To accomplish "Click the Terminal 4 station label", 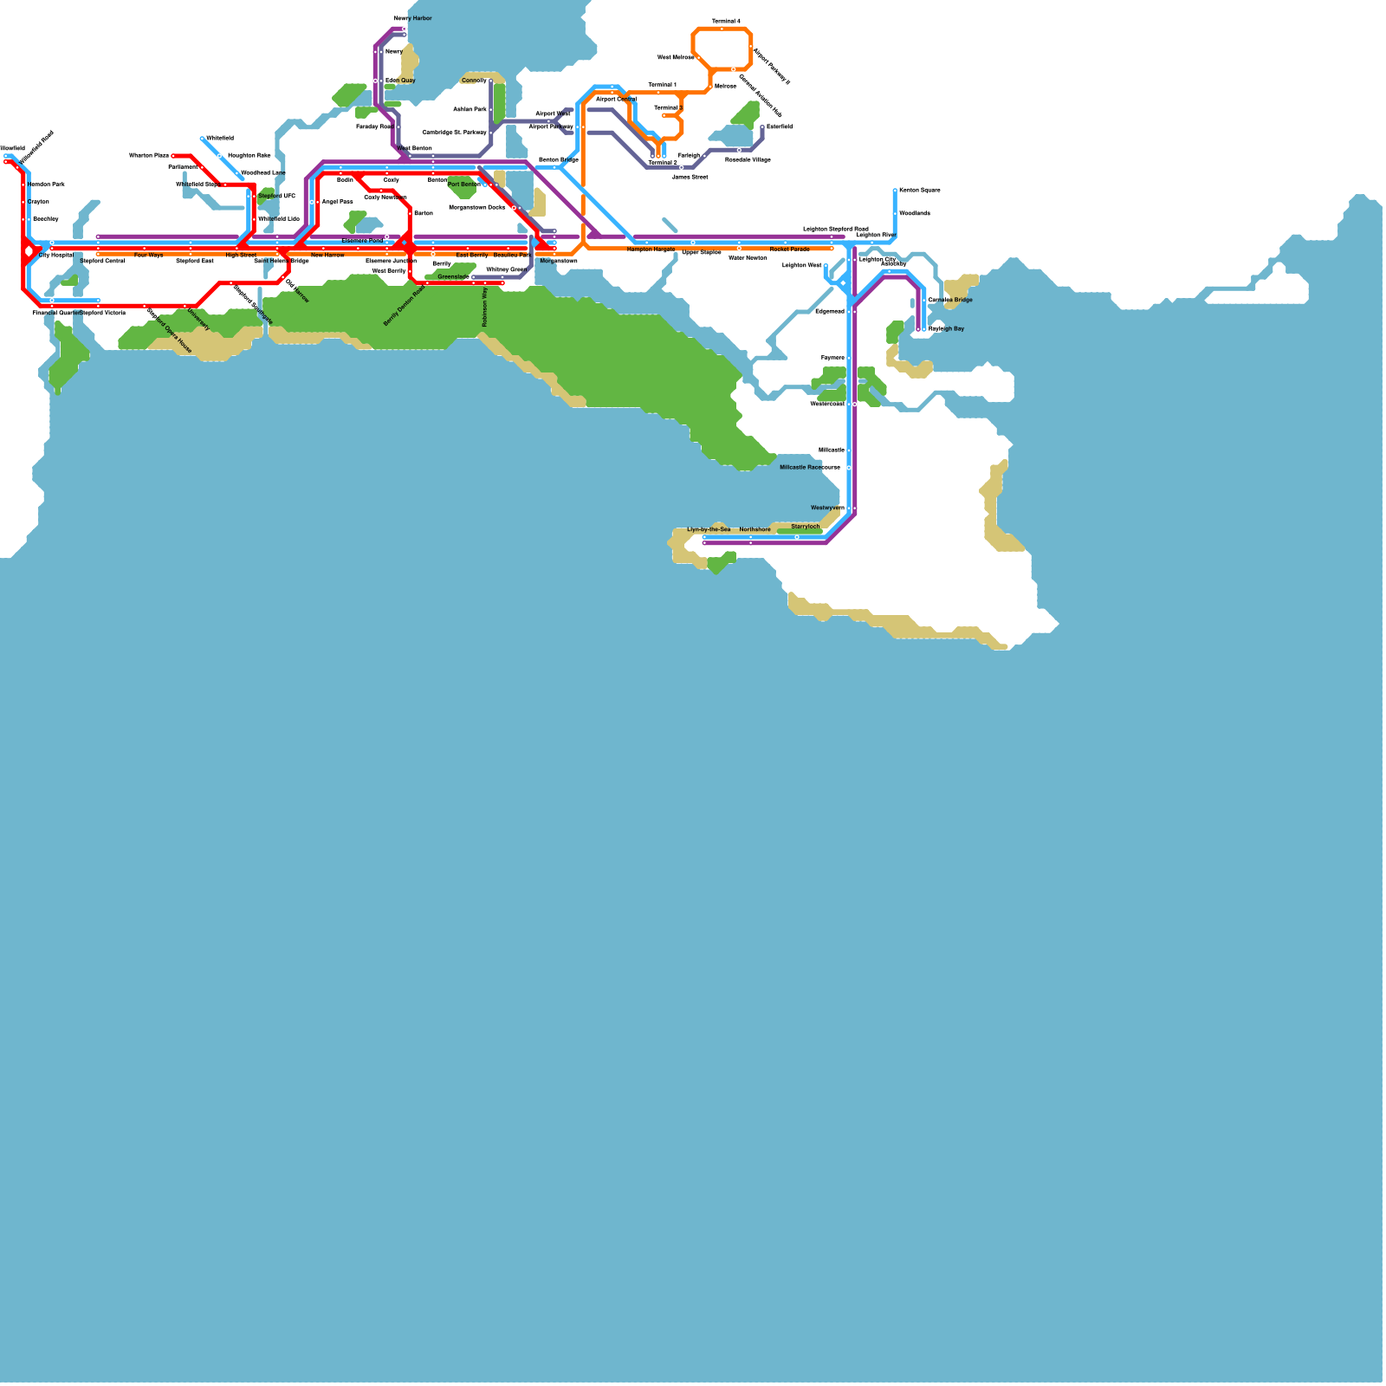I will click(x=726, y=21).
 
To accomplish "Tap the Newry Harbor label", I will click(x=412, y=18).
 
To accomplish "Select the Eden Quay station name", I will click(x=400, y=81).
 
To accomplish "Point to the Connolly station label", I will click(x=474, y=81).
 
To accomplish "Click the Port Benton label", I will click(x=463, y=185).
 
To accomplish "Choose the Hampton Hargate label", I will click(x=651, y=249).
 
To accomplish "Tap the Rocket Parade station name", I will click(x=789, y=249).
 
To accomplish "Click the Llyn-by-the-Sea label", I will click(x=709, y=529).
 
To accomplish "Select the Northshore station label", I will click(x=755, y=529).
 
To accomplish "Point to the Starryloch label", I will click(x=805, y=527).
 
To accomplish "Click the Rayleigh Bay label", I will click(x=946, y=329).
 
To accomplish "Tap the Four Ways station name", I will click(x=148, y=256).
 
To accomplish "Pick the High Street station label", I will click(x=241, y=256).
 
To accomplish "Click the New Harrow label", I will click(x=327, y=256).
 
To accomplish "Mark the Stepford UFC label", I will click(x=276, y=197).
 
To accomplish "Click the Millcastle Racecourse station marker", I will click(x=849, y=468).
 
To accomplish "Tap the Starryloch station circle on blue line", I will click(x=797, y=537).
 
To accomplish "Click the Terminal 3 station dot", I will click(x=664, y=115).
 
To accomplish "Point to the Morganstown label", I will click(x=558, y=261).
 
